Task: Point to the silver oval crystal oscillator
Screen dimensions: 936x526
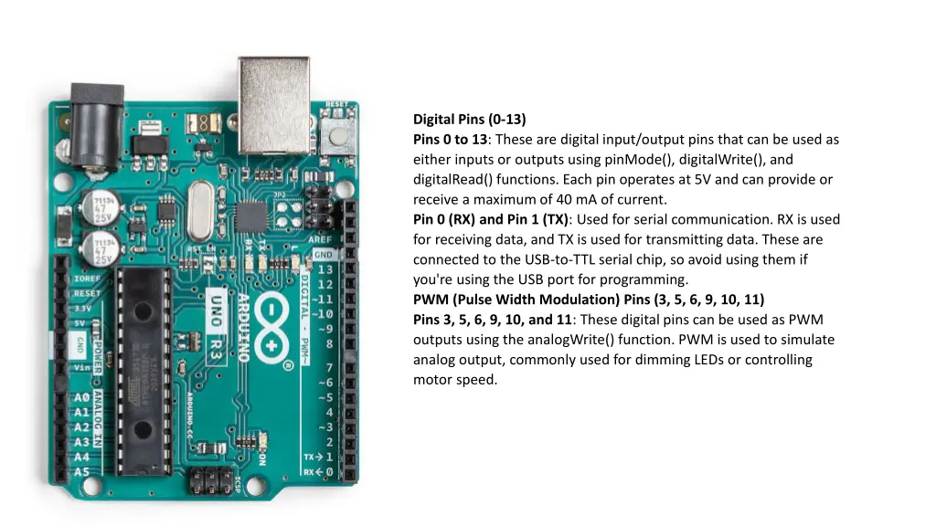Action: click(x=202, y=205)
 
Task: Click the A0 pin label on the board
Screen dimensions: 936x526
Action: click(x=81, y=398)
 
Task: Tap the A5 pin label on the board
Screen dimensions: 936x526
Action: click(x=81, y=472)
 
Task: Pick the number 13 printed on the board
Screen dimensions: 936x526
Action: click(x=324, y=269)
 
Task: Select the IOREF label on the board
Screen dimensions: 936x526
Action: click(x=87, y=279)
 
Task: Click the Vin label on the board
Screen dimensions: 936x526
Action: click(x=82, y=366)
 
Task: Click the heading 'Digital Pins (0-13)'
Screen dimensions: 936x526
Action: click(x=469, y=119)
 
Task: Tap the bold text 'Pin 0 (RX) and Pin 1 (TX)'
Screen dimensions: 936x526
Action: click(x=491, y=219)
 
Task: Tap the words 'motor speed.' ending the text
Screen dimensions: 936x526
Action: click(x=454, y=380)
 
